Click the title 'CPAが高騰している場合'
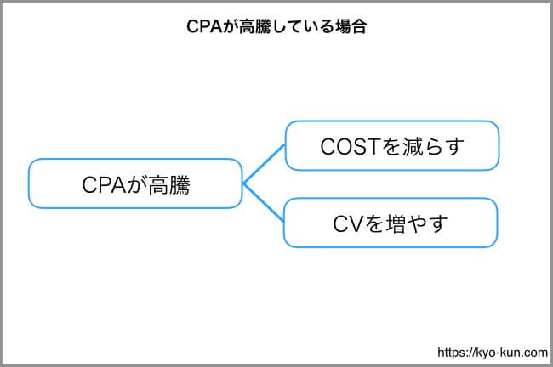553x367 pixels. pos(276,26)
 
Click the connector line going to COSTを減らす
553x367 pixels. pos(264,164)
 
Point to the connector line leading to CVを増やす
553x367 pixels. pos(264,202)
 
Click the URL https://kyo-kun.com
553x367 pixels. pos(493,353)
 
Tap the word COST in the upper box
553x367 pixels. pos(351,146)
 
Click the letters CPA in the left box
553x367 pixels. pos(104,184)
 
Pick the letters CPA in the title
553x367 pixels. pos(204,26)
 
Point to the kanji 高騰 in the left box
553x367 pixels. pos(169,185)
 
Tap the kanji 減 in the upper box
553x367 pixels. pos(413,146)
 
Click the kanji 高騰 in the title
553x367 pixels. pos(255,26)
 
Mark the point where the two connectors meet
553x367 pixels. pos(243,183)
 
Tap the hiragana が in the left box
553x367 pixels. pos(137,185)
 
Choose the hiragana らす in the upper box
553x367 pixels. pos(443,146)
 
